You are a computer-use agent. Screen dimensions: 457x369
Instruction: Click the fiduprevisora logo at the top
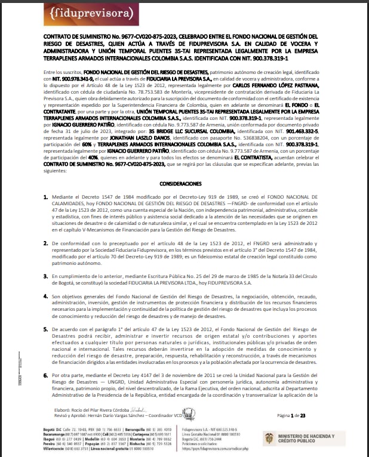tap(68, 13)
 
